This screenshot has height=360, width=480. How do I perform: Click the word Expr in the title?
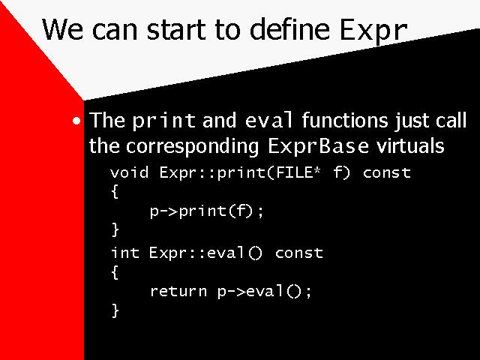(373, 30)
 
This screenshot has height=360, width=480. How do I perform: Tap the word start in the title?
(177, 30)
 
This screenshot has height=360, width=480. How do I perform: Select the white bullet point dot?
(76, 121)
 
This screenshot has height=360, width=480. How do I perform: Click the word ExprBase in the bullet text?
(318, 145)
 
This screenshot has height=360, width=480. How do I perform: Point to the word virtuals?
(410, 145)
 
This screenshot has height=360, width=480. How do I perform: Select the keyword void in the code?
(130, 172)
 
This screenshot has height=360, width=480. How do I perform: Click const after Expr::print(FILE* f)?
(387, 173)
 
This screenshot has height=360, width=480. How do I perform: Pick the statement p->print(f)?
(207, 211)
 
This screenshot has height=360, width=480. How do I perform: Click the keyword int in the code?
(125, 253)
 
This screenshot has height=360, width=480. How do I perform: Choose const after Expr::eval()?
(299, 253)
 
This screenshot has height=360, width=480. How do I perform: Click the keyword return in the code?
(178, 291)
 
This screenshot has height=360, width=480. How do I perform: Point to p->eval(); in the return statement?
(265, 291)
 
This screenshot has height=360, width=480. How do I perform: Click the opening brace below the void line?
(115, 192)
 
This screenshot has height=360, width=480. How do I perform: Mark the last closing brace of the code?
(115, 310)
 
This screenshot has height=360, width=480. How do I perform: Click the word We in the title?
(63, 29)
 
